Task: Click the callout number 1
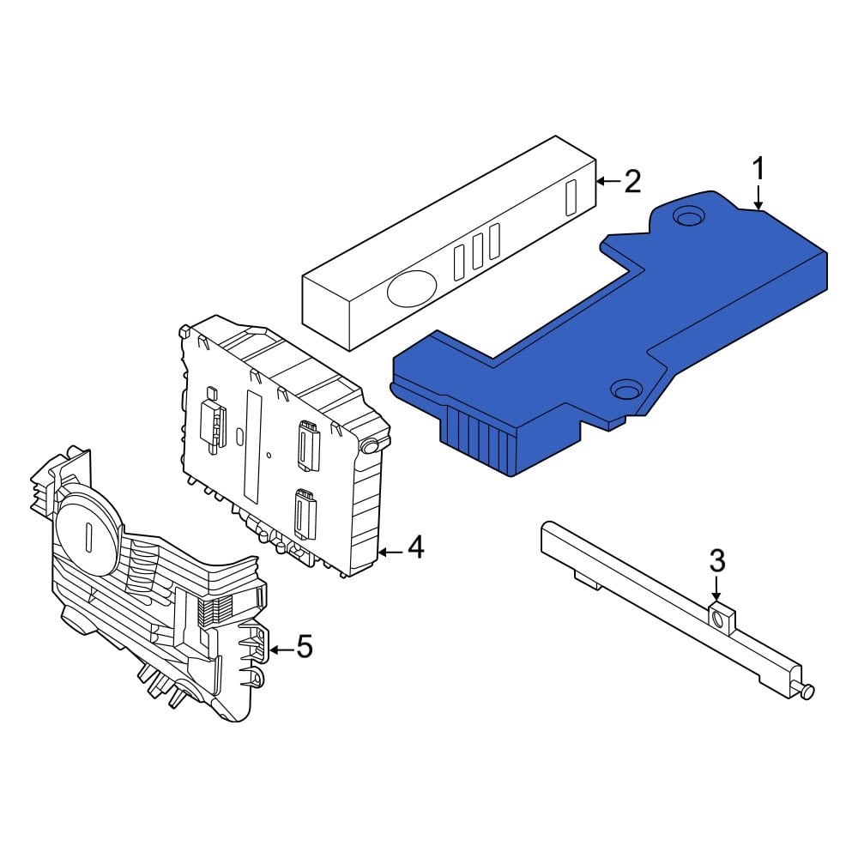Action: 758,168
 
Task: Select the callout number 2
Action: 631,181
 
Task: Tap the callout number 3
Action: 717,562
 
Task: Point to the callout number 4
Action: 414,547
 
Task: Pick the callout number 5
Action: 304,647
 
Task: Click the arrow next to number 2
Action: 607,181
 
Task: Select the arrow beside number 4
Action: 390,551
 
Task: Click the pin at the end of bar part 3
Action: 808,692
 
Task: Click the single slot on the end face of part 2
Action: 569,196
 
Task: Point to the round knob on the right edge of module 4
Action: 371,446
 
